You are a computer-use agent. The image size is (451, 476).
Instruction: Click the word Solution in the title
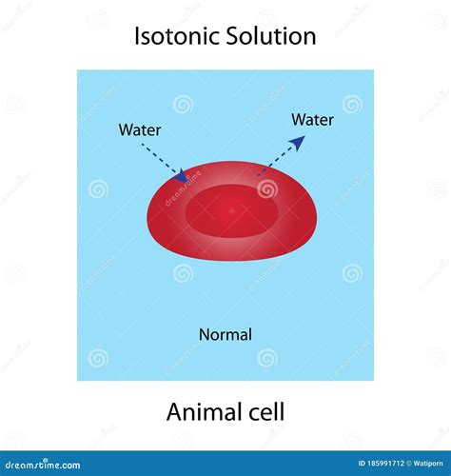pos(271,35)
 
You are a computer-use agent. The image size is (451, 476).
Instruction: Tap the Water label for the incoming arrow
pos(140,130)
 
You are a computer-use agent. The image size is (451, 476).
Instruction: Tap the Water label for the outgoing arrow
pos(312,120)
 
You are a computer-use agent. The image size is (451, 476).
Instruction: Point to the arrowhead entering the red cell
pos(184,175)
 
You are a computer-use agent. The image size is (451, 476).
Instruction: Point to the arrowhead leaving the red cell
pos(297,143)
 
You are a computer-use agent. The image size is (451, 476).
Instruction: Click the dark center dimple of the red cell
pos(232,210)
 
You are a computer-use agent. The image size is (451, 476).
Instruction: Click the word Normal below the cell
pos(225,335)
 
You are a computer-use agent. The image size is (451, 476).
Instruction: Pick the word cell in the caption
pos(266,412)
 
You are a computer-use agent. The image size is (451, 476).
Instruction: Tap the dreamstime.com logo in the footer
pos(43,465)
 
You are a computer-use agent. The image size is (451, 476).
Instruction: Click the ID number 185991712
pos(385,464)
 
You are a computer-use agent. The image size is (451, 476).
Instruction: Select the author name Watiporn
pos(428,464)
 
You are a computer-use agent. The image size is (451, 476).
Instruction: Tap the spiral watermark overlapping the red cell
pos(267,189)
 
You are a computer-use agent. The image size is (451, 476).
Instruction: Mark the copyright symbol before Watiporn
pos(409,464)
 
